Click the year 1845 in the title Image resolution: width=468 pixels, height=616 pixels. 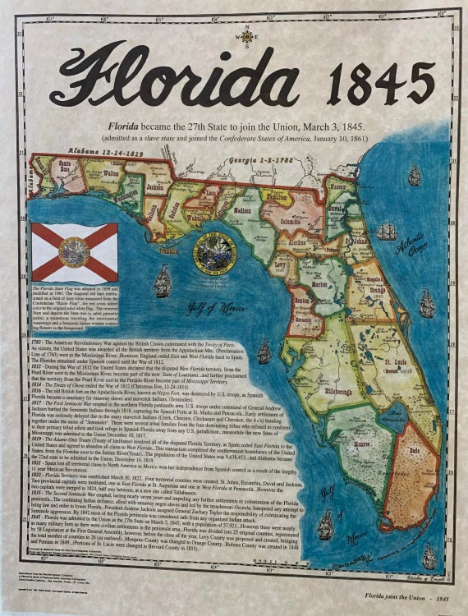pos(380,83)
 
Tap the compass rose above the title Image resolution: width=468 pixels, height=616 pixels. pos(245,36)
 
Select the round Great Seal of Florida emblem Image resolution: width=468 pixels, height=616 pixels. pos(214,254)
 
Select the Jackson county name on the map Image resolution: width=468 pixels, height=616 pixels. pos(155,188)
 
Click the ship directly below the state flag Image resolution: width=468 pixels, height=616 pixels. pos(163,283)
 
